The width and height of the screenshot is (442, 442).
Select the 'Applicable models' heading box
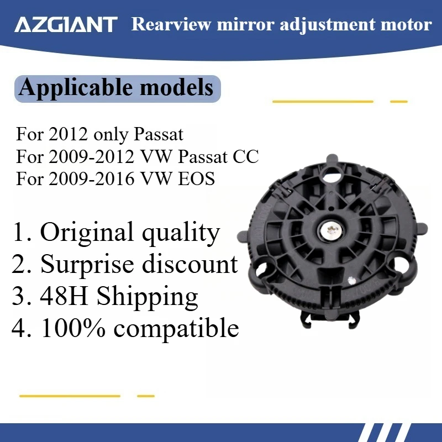(116, 88)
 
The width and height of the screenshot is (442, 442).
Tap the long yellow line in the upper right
(323, 102)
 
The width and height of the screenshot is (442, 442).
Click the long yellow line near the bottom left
(69, 396)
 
